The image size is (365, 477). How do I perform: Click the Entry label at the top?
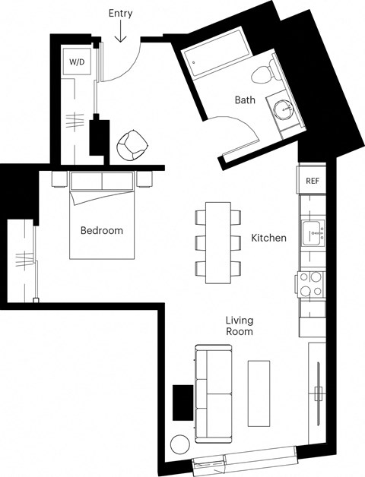pyautogui.click(x=120, y=13)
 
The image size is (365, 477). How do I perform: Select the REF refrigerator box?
pyautogui.click(x=312, y=181)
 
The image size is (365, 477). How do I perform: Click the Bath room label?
pyautogui.click(x=245, y=100)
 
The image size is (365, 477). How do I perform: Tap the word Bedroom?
pyautogui.click(x=101, y=230)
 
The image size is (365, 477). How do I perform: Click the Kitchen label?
pyautogui.click(x=268, y=238)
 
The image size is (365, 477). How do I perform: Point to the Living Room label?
pyautogui.click(x=239, y=326)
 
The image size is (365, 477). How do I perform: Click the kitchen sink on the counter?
pyautogui.click(x=312, y=232)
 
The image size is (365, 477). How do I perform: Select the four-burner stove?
pyautogui.click(x=311, y=284)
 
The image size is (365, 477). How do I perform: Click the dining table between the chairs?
pyautogui.click(x=218, y=242)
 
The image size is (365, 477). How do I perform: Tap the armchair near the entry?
pyautogui.click(x=132, y=144)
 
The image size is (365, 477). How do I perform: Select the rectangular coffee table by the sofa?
pyautogui.click(x=259, y=392)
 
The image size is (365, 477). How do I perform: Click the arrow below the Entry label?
pyautogui.click(x=120, y=33)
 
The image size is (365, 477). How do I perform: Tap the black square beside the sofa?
pyautogui.click(x=183, y=402)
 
